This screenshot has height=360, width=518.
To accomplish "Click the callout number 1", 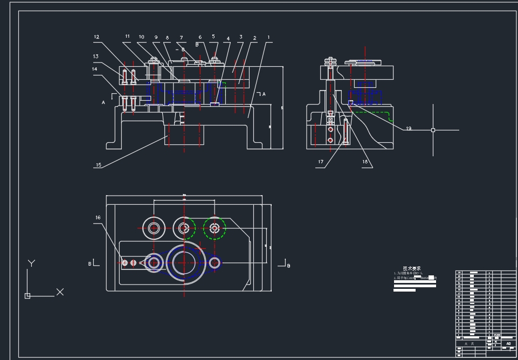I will click(x=268, y=37).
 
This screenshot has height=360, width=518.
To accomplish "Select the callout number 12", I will click(x=96, y=37).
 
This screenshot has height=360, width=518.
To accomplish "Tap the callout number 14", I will click(x=95, y=69).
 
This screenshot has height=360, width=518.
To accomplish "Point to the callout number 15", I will click(x=98, y=165).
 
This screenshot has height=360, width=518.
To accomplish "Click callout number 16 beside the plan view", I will click(x=98, y=218).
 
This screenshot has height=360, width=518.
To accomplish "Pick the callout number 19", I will click(x=409, y=128).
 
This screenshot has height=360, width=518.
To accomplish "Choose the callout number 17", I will click(x=321, y=162).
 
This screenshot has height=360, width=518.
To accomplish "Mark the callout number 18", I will click(x=365, y=162).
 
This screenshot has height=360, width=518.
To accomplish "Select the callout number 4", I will click(x=228, y=39).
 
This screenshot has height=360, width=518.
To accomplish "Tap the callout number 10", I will click(x=141, y=37).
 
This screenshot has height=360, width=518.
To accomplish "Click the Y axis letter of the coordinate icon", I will click(x=32, y=264).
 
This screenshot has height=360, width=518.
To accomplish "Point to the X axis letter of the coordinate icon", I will click(x=60, y=292).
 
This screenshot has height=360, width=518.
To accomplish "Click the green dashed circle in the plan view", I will click(x=215, y=229).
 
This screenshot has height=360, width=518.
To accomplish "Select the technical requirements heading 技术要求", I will click(x=412, y=268).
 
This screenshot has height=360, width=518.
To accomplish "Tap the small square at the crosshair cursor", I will click(x=433, y=130).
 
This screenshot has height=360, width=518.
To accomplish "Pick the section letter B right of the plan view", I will click(x=288, y=266).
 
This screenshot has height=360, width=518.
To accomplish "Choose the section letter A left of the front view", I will click(x=103, y=101).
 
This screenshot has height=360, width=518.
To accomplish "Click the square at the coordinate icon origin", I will click(x=27, y=295).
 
